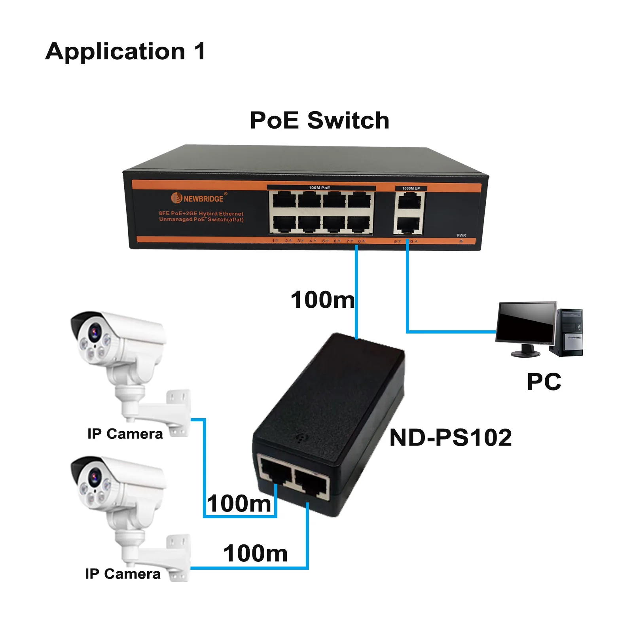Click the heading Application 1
coord(125,51)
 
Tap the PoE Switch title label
coord(319,120)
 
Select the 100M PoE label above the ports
coord(319,188)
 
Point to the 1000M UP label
coord(411,188)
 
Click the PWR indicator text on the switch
coord(461,235)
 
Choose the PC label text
coord(544,382)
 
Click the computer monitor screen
coord(526,322)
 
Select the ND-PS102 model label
coord(451,438)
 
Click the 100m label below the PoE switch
coord(322,299)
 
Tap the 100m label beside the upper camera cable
coord(239,504)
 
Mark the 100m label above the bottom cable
coord(256,553)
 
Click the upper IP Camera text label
coord(125,434)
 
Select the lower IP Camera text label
coord(123,574)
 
